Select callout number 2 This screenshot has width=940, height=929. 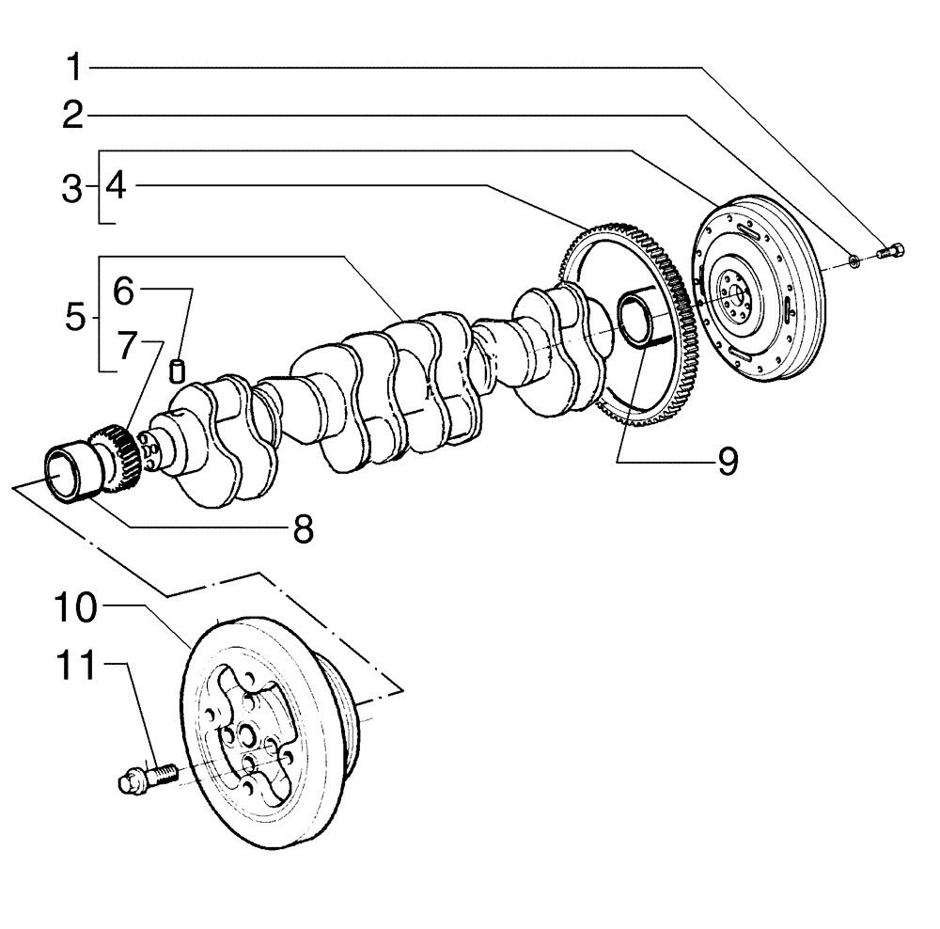coord(74,117)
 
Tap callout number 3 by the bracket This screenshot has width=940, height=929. coord(72,188)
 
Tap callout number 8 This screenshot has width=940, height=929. coord(302,528)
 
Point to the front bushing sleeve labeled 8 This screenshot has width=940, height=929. coord(70,470)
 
